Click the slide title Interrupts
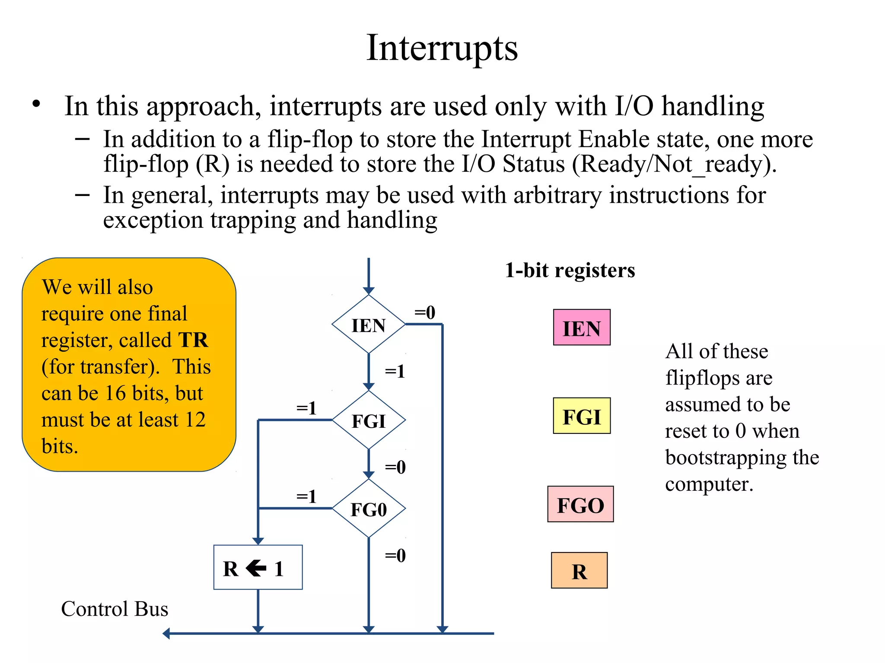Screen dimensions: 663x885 tap(442, 48)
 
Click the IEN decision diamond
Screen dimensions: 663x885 tap(368, 325)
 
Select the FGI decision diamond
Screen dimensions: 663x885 tap(368, 420)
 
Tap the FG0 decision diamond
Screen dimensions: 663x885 tap(368, 509)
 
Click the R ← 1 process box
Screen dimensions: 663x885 tap(258, 567)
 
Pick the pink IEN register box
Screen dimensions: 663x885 tap(582, 328)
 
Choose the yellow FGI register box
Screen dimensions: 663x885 tap(582, 416)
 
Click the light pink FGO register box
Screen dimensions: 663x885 tap(580, 505)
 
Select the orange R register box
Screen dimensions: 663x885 tap(579, 571)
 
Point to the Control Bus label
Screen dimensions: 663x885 tap(115, 609)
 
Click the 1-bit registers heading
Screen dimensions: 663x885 tap(570, 271)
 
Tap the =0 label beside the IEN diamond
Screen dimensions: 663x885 tap(425, 312)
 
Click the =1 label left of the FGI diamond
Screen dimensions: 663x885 tap(306, 408)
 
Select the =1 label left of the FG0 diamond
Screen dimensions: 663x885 tap(306, 496)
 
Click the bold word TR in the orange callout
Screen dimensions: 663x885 tap(193, 340)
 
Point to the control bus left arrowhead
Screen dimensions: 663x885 tap(166, 634)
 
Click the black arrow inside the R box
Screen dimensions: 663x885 tap(256, 568)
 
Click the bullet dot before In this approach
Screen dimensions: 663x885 tap(36, 104)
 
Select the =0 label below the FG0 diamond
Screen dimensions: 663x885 tap(395, 556)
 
